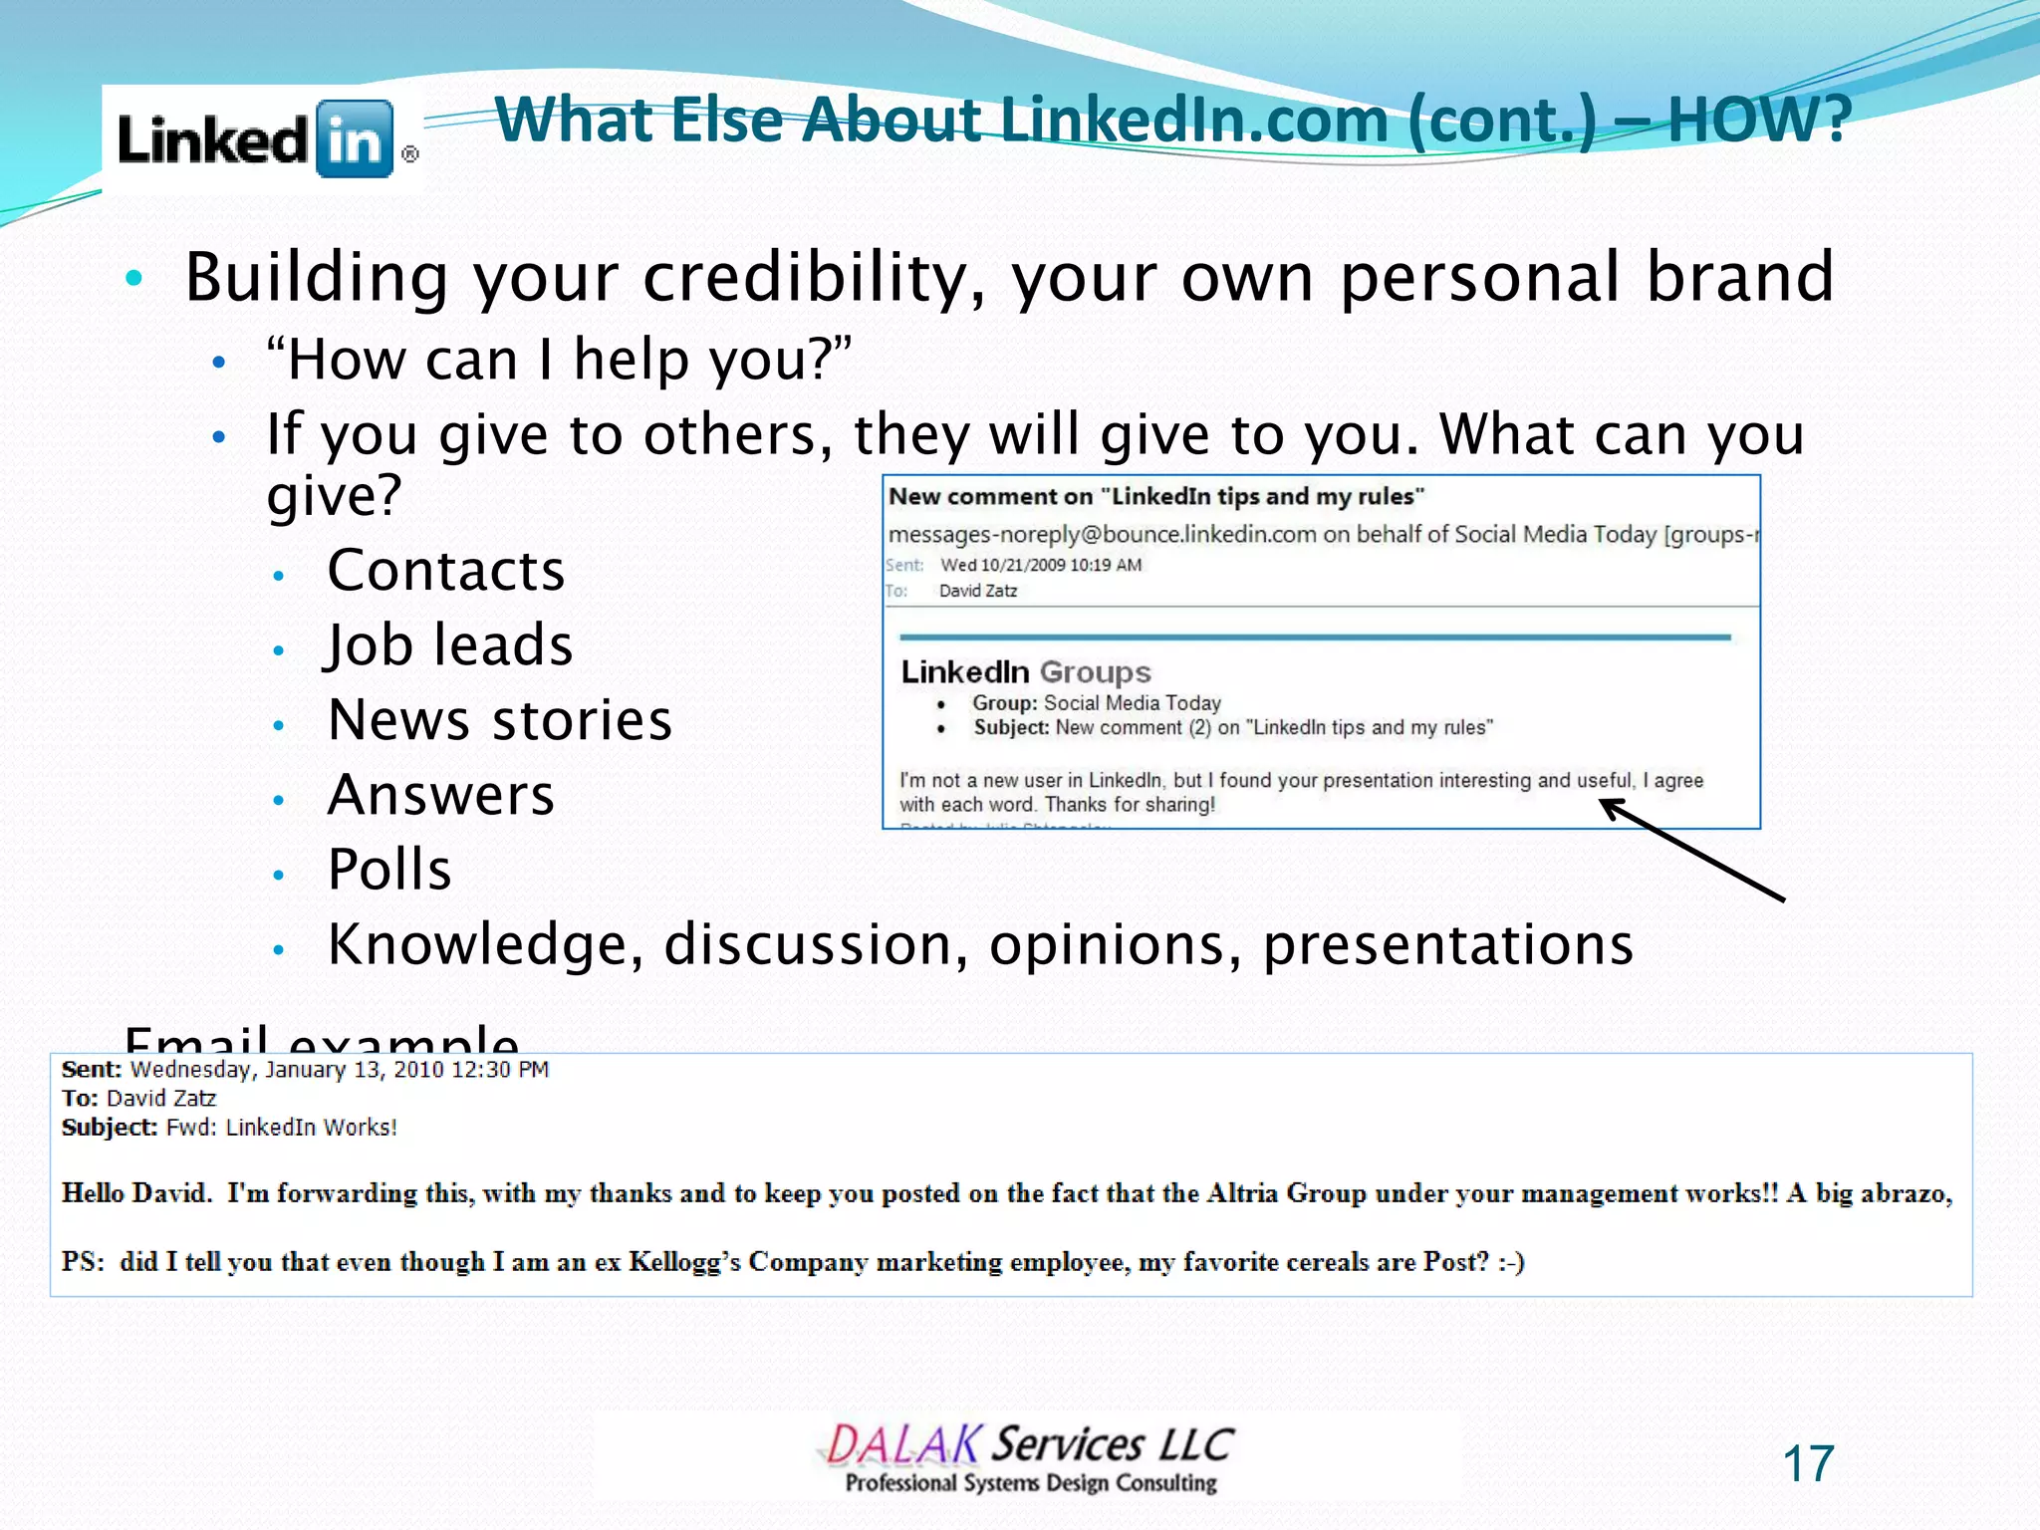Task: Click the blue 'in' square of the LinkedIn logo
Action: [355, 139]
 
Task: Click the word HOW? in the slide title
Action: [1759, 120]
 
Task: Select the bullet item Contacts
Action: [445, 571]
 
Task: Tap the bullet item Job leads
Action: [449, 645]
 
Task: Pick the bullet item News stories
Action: [499, 720]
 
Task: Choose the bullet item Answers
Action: [440, 795]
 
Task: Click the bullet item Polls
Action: [389, 870]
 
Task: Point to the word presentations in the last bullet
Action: [1447, 944]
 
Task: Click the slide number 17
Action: [1807, 1464]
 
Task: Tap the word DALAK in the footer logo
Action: [902, 1445]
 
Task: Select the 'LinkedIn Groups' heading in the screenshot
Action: [1025, 672]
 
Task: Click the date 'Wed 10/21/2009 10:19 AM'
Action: [1041, 565]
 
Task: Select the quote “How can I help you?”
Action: [559, 360]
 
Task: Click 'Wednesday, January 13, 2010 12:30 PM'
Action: [339, 1070]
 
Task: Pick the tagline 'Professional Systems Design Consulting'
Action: [1031, 1483]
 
